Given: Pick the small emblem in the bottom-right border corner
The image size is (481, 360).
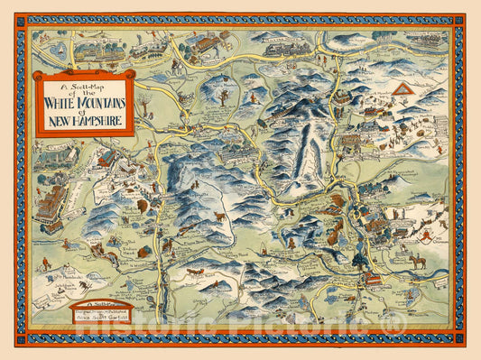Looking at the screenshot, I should [458, 341].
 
